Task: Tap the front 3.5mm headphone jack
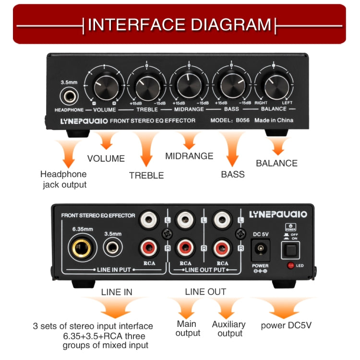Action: [69, 96]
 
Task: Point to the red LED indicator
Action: [290, 265]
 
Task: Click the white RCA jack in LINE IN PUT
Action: [149, 221]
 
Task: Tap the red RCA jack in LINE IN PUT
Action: [149, 248]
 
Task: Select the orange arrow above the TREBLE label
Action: [146, 149]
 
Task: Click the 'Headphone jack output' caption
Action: [63, 180]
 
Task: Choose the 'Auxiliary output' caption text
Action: [229, 329]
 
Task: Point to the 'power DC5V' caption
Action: [286, 325]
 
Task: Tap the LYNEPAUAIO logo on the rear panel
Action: [278, 214]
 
